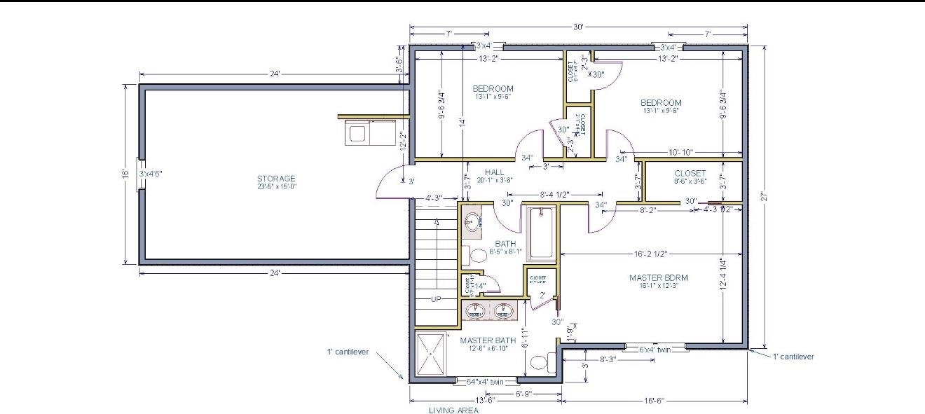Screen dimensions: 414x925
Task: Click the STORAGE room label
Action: [x=276, y=179]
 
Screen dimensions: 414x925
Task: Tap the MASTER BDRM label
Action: [x=658, y=278]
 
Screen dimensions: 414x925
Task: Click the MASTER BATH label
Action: [x=488, y=341]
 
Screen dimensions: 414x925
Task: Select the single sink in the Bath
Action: [x=472, y=222]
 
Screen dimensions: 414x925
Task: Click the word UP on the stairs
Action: [x=436, y=299]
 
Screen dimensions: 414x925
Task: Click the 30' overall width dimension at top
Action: [x=578, y=27]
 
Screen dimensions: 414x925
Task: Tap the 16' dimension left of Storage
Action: [x=125, y=173]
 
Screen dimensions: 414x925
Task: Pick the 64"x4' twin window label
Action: [x=486, y=382]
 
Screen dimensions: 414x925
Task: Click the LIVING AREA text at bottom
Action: [x=453, y=410]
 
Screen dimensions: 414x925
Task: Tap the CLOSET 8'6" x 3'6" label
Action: [x=690, y=174]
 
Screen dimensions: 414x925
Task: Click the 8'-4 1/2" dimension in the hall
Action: [x=554, y=195]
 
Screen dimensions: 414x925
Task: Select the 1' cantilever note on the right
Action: [x=793, y=357]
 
